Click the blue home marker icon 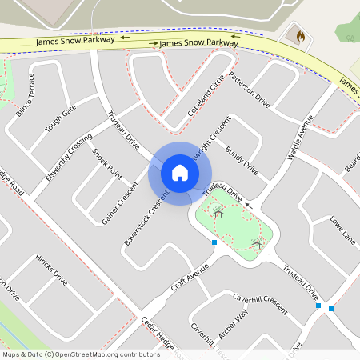(x=180, y=173)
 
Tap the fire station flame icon (x=300, y=37)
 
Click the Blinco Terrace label (x=25, y=94)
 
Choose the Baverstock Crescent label (x=146, y=218)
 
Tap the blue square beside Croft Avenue (x=214, y=242)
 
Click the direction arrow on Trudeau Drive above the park (x=248, y=205)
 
